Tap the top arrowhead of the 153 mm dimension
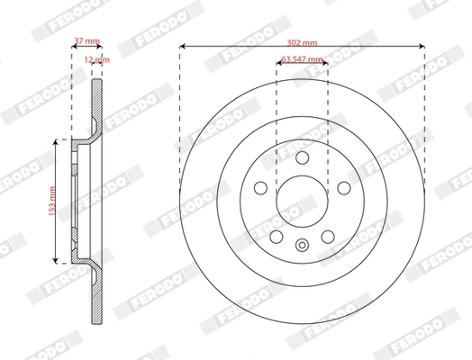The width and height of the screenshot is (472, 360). point(59,141)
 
